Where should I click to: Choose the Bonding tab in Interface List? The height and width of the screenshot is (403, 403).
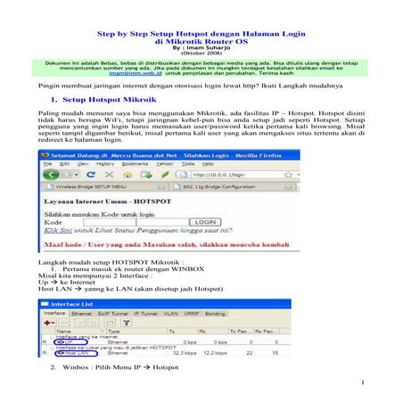click(x=215, y=315)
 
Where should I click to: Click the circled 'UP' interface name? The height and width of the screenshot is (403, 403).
click(x=62, y=341)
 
